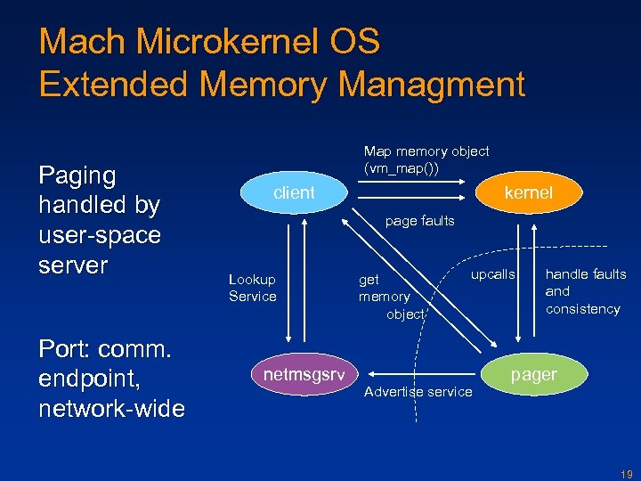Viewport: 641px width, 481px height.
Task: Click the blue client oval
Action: [x=293, y=192]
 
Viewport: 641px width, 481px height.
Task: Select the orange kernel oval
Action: [x=528, y=192]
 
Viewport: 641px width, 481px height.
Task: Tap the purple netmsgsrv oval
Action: [x=304, y=375]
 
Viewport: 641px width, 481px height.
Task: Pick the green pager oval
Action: [x=533, y=375]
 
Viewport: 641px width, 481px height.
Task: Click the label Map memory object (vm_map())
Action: [x=426, y=159]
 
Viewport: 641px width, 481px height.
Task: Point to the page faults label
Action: [x=419, y=221]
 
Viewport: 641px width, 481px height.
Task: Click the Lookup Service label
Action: [x=252, y=288]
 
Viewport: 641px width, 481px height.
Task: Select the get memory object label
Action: [x=385, y=297]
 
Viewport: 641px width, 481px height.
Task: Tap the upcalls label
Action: [x=492, y=274]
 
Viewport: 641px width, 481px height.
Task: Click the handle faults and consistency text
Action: [x=585, y=291]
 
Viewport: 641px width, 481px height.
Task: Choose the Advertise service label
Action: [x=418, y=392]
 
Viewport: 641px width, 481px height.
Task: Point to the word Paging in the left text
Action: [x=77, y=176]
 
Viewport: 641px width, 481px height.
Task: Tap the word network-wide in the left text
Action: [x=111, y=409]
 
